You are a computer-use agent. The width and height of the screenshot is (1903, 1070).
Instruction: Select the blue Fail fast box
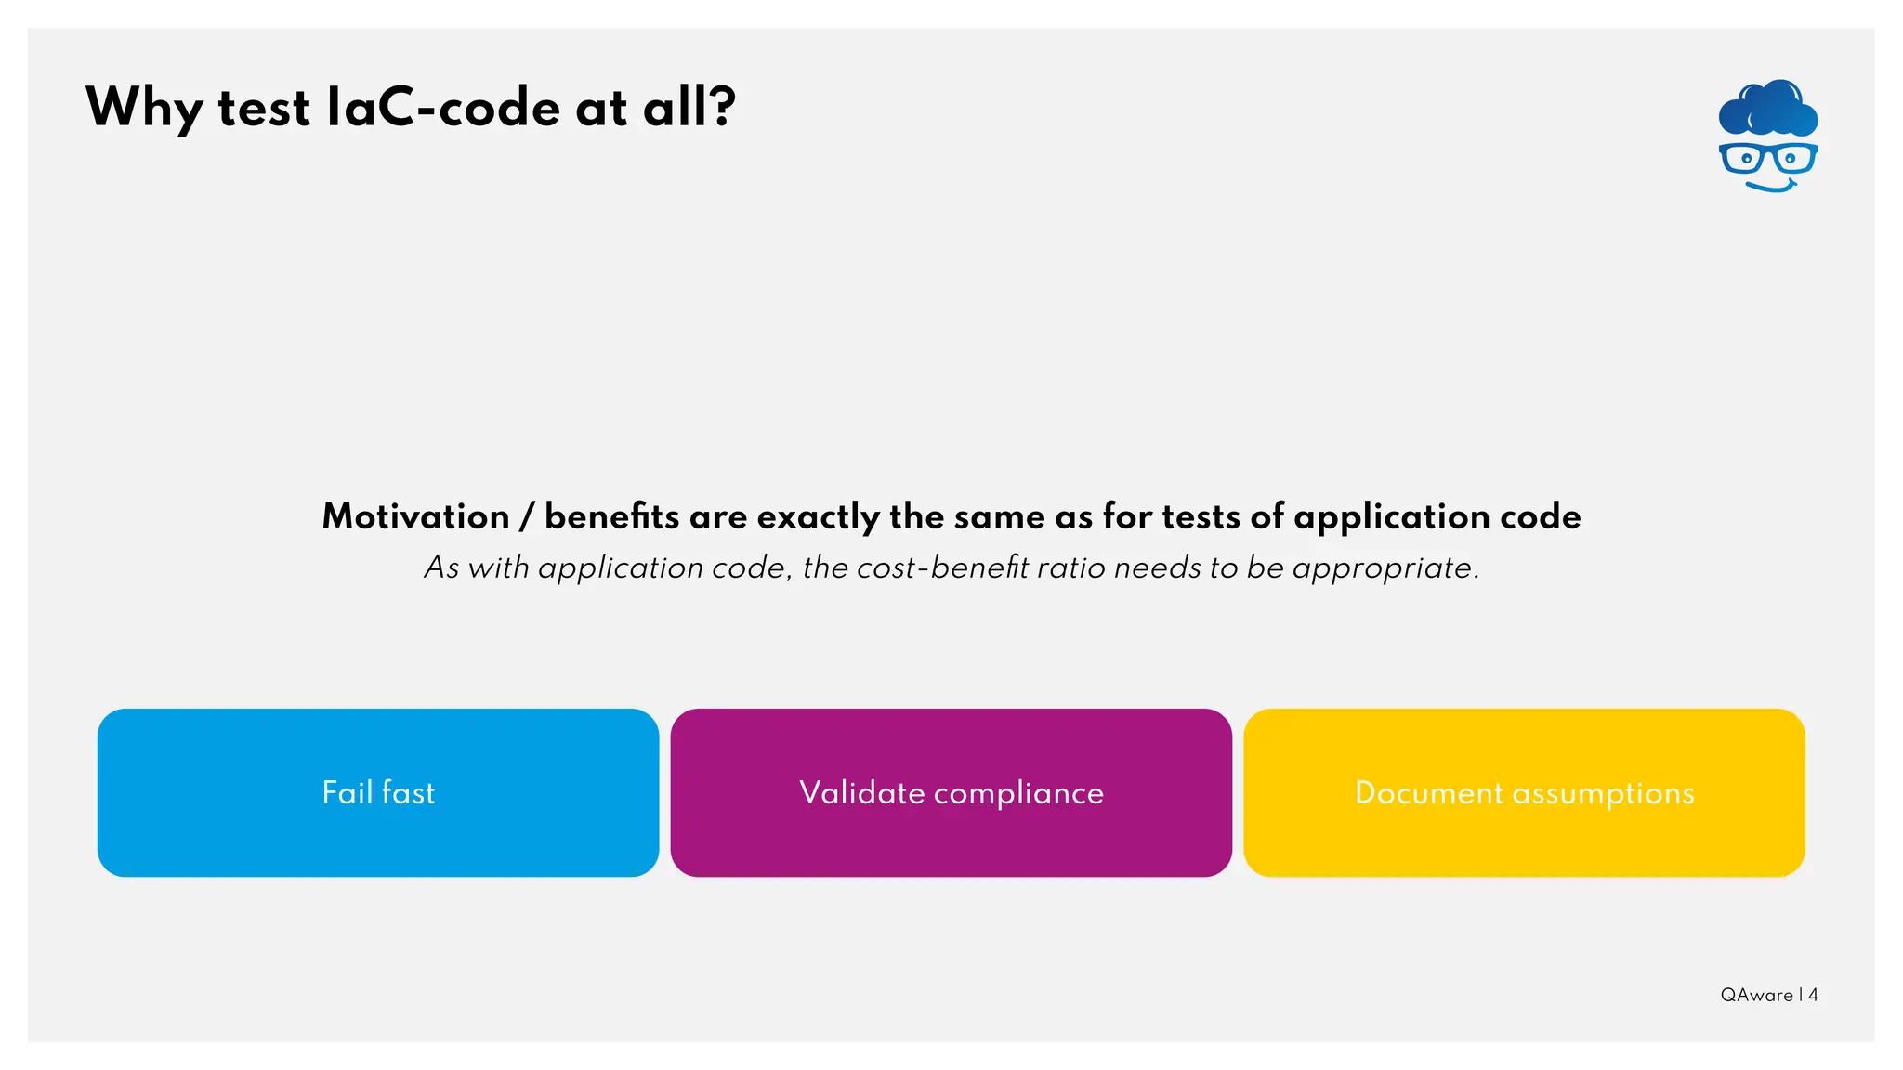click(378, 792)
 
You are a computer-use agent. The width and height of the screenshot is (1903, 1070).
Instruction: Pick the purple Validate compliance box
click(951, 792)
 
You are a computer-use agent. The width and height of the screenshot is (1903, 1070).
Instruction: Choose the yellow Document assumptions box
click(1524, 792)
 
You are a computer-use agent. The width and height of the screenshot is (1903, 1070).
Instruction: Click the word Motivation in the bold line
click(415, 517)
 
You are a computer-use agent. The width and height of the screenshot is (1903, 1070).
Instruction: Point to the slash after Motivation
click(527, 517)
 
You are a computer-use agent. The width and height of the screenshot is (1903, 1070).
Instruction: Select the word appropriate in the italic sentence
click(1385, 568)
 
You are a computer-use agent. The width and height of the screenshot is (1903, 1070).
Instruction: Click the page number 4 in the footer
click(1813, 995)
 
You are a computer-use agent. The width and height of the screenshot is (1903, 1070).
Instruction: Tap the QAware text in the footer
click(1756, 995)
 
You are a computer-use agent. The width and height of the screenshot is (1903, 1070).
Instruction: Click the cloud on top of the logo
click(1767, 108)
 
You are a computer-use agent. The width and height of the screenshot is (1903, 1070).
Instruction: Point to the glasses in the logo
click(1767, 158)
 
